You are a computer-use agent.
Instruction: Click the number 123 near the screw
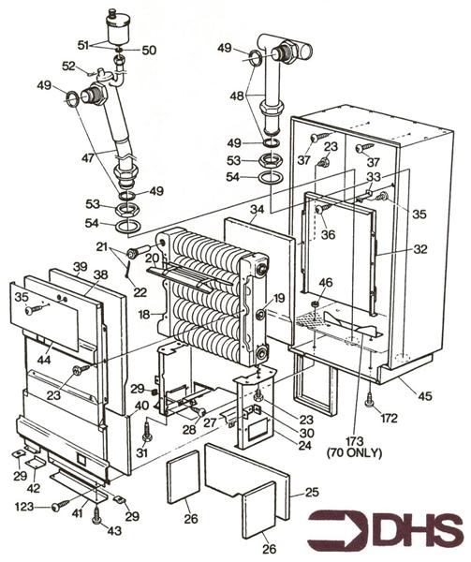point(29,507)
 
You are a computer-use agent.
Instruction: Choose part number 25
point(311,491)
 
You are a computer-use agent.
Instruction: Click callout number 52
point(67,65)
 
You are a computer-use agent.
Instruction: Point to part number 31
point(141,453)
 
